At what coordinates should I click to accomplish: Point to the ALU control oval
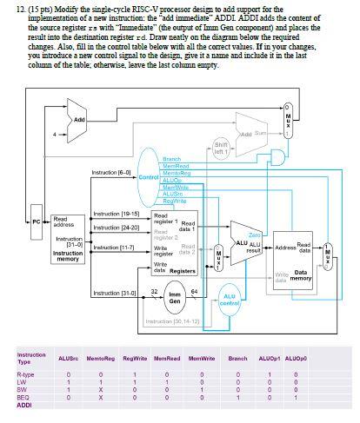230,301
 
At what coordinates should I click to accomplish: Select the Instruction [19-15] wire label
111,214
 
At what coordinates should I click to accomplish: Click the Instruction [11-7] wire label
111,248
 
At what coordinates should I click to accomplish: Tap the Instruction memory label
68,255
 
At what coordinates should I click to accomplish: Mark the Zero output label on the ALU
255,234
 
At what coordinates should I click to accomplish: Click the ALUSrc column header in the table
69,358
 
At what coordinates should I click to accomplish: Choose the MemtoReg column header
101,358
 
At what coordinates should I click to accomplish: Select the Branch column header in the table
238,358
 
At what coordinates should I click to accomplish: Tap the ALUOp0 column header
294,358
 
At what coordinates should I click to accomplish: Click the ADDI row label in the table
24,406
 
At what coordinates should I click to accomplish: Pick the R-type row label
26,374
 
